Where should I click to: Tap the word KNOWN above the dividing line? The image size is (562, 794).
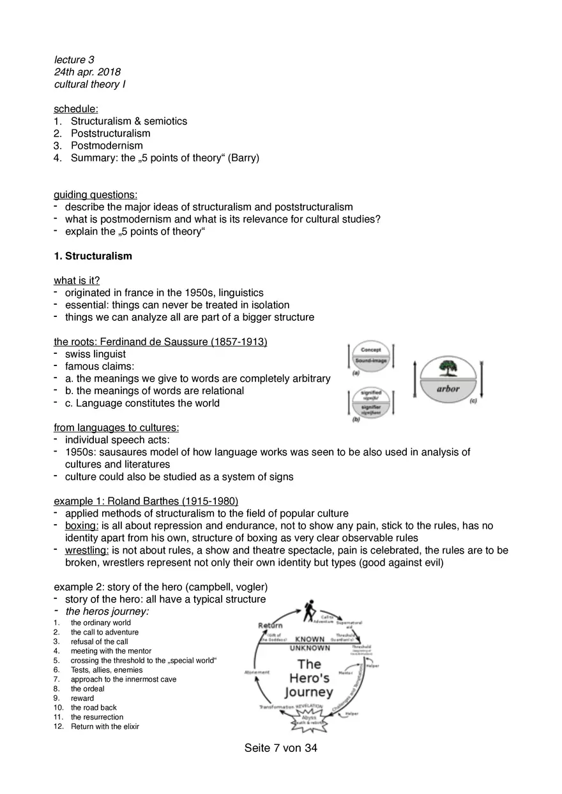(309, 639)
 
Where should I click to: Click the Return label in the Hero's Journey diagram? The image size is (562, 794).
(271, 625)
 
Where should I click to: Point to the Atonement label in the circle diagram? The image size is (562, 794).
(257, 672)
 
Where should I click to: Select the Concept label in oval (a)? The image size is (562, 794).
(371, 350)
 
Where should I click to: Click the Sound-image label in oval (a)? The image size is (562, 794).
(371, 361)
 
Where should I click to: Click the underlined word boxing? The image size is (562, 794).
(82, 526)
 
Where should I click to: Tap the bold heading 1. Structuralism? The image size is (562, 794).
(93, 256)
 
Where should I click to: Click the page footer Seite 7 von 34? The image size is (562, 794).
(280, 749)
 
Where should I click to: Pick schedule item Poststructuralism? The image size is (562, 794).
(110, 133)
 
